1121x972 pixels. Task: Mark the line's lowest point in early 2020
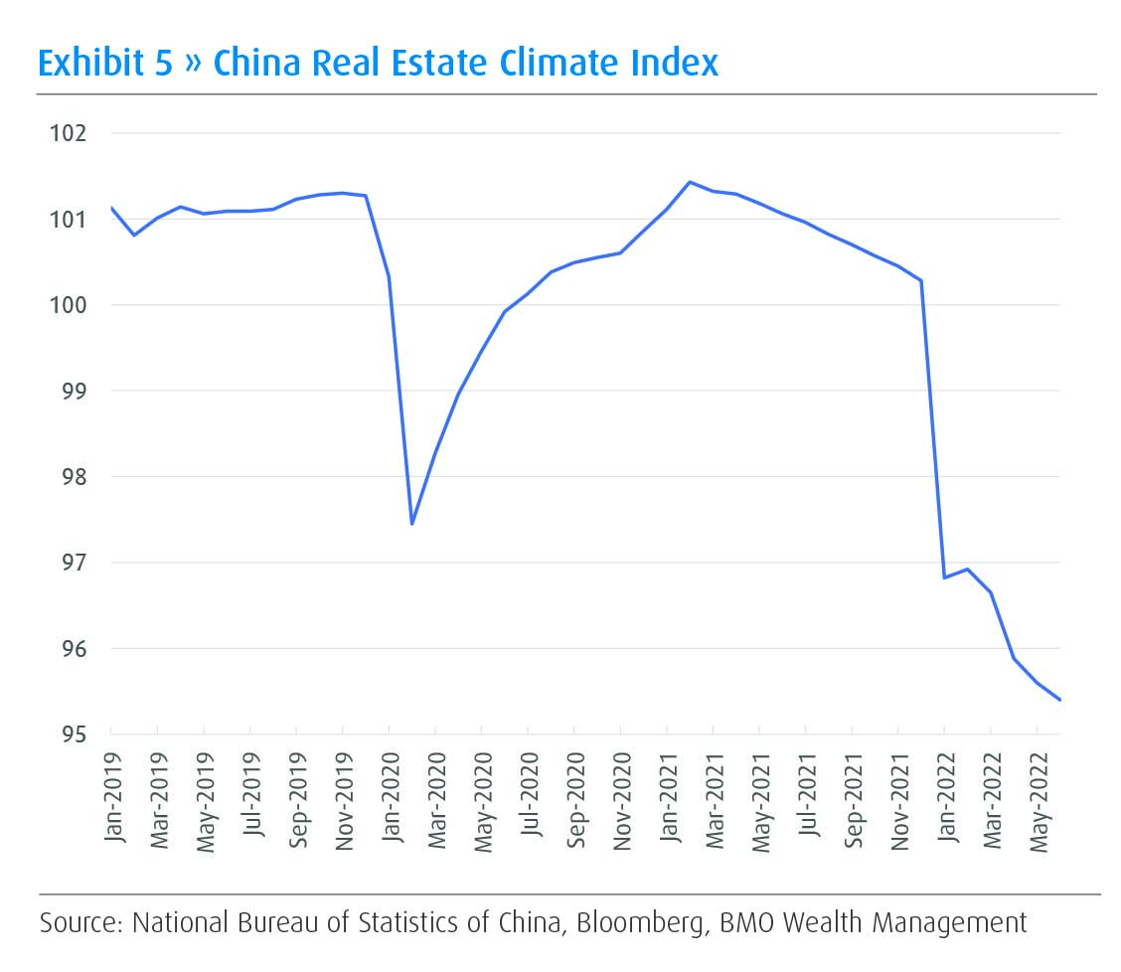(x=411, y=524)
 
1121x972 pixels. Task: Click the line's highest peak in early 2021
(x=690, y=182)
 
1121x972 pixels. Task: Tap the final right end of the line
(x=1060, y=700)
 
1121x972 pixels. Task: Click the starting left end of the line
(x=111, y=208)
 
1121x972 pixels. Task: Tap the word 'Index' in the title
(x=676, y=63)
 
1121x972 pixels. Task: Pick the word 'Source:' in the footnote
(x=81, y=923)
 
